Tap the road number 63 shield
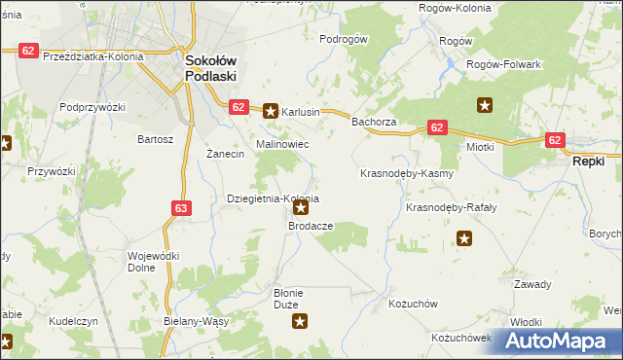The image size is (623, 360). pos(181,207)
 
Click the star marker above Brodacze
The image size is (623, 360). pos(302,207)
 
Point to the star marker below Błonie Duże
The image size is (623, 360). pos(301,321)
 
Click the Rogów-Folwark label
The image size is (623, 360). pos(503,63)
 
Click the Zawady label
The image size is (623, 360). pos(532,284)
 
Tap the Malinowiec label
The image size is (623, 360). pos(282,144)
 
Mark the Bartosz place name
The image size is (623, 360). pos(156,139)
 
